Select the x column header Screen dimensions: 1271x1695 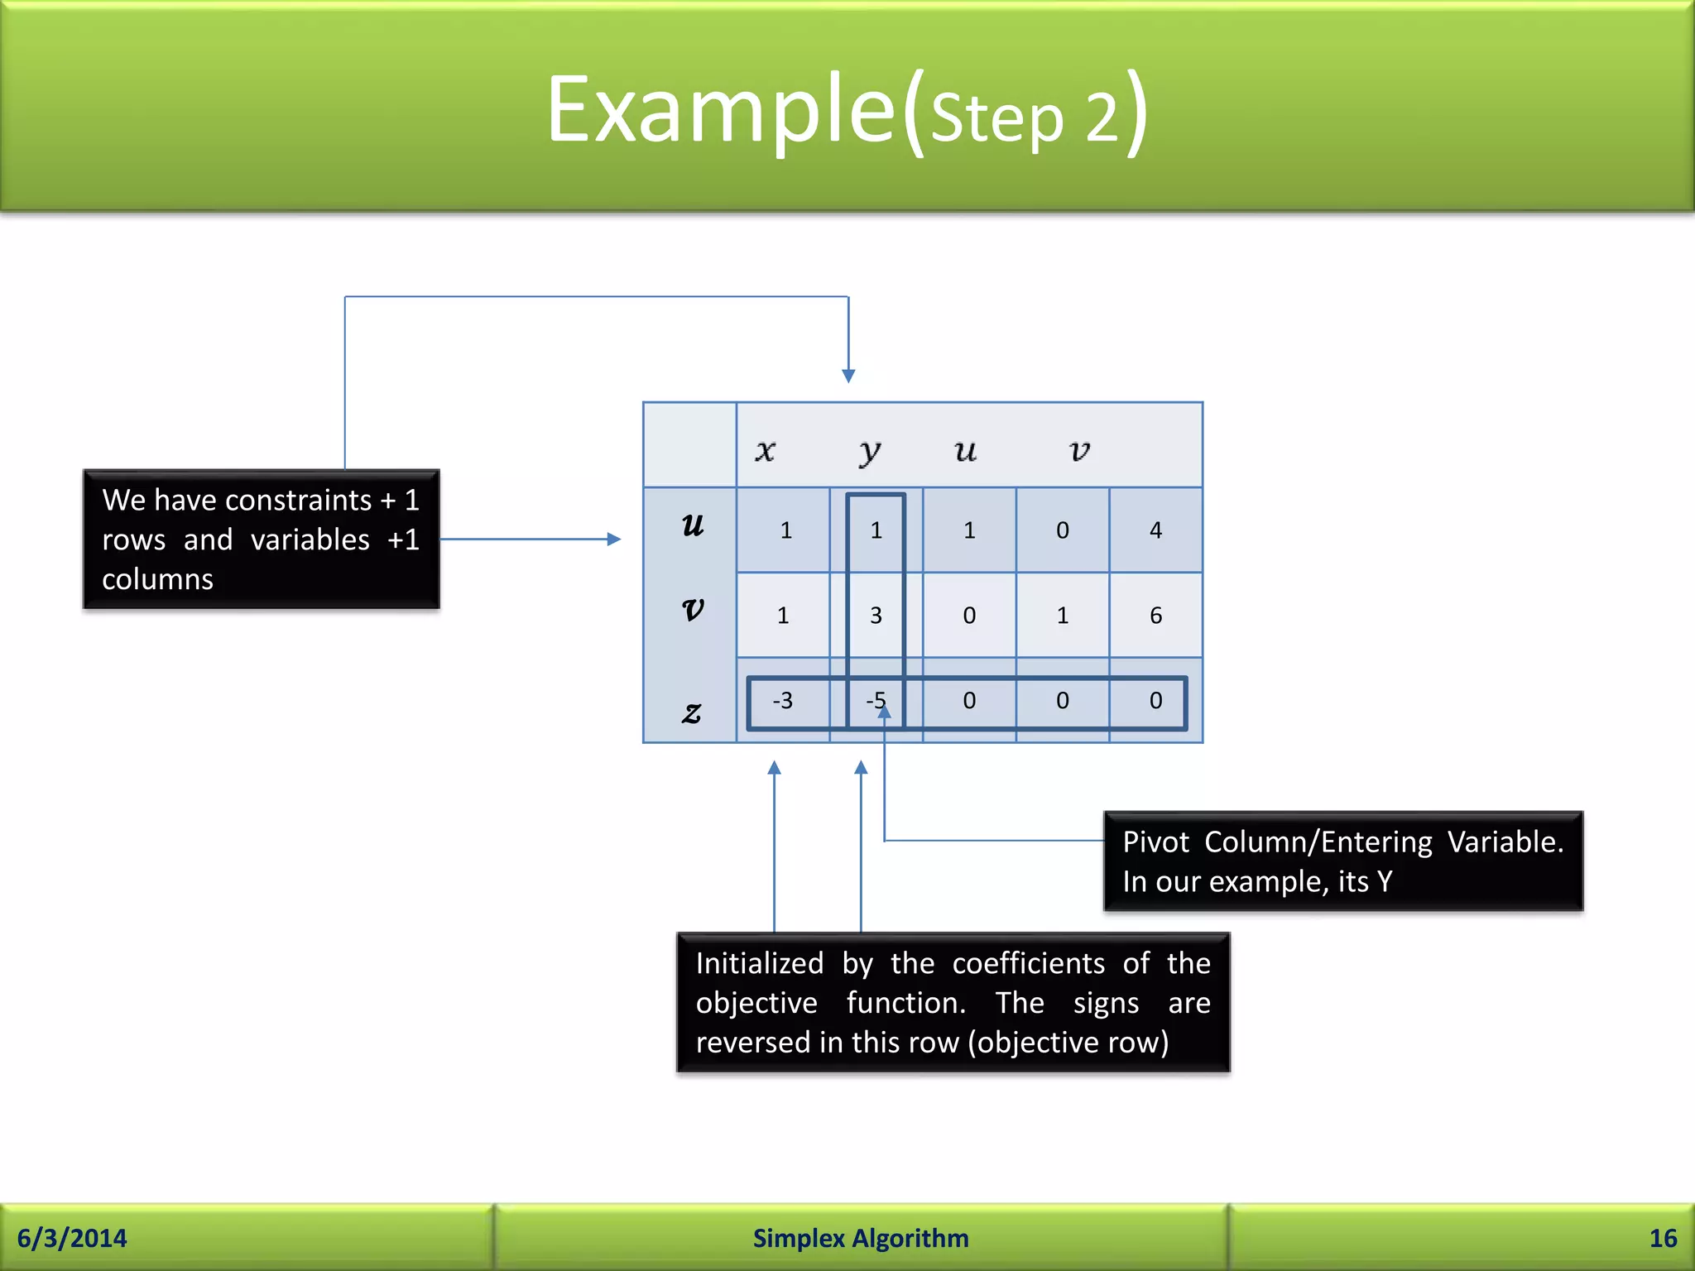766,450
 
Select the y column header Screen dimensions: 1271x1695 869,451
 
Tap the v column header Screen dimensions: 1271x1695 1079,450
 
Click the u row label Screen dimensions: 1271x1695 693,525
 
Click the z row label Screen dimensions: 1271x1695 692,712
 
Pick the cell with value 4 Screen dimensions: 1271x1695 1155,530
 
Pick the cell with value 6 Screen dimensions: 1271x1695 1155,615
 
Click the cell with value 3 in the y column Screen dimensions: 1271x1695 876,615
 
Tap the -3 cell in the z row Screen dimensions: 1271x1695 783,701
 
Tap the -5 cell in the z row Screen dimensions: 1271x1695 875,701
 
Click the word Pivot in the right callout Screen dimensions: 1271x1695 1155,842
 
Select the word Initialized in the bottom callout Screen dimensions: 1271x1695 759,963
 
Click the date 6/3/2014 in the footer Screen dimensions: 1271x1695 72,1238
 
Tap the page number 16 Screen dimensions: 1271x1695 1662,1238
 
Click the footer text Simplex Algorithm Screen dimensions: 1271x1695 860,1238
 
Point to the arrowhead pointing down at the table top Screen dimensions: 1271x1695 848,376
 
